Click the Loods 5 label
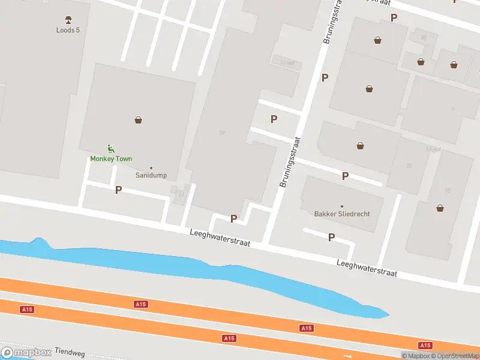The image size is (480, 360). click(x=68, y=30)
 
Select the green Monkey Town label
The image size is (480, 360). click(x=111, y=159)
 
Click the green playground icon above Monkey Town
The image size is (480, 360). click(x=110, y=148)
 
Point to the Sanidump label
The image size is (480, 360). click(x=151, y=176)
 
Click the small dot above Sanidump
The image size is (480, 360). click(x=151, y=167)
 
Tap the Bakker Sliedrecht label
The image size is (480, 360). click(x=342, y=214)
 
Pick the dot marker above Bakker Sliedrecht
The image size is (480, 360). click(x=342, y=206)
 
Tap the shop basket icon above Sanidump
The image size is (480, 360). click(x=139, y=120)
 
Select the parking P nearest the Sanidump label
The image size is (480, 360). click(x=118, y=190)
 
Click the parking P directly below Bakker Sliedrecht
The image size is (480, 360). click(x=331, y=238)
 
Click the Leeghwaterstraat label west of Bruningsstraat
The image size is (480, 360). click(x=220, y=239)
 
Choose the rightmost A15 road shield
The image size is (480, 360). click(x=425, y=345)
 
